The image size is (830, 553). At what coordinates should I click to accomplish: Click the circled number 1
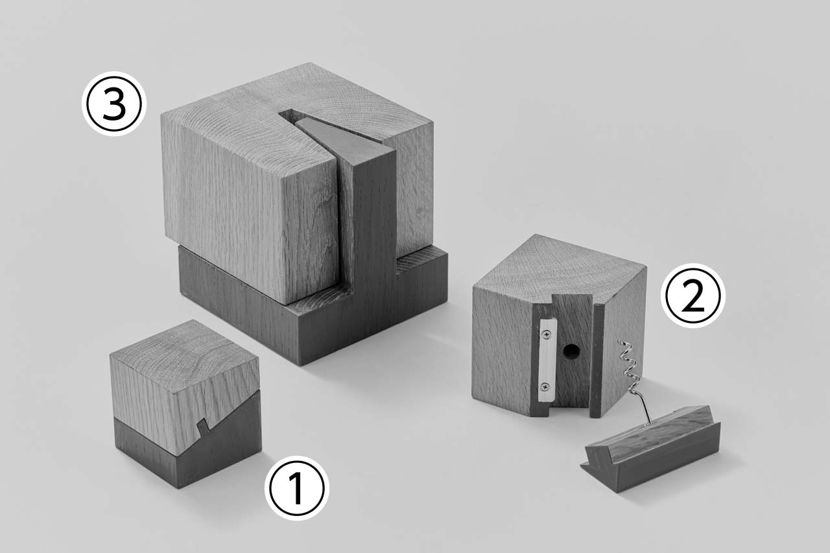tap(297, 488)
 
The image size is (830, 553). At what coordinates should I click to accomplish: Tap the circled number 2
tap(693, 296)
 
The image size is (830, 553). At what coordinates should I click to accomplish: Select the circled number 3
tap(114, 104)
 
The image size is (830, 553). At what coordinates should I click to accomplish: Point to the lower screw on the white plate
tap(545, 387)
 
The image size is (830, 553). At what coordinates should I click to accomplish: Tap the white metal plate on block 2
tap(547, 361)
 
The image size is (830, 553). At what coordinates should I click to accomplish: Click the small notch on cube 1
tap(203, 425)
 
